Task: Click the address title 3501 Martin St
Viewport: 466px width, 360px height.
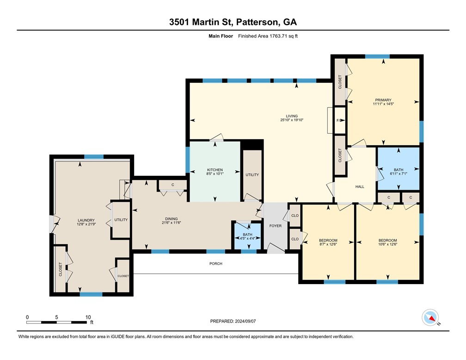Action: click(x=233, y=21)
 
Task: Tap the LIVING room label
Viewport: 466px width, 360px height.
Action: click(x=291, y=116)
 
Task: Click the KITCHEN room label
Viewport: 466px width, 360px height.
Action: click(x=215, y=170)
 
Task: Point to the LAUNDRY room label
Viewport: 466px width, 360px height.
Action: click(x=86, y=220)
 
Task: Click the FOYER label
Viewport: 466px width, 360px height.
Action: click(x=276, y=226)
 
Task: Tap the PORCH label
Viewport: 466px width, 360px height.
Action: click(x=215, y=264)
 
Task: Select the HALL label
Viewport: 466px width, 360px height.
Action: click(x=360, y=187)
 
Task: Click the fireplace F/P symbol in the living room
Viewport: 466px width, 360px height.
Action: click(x=339, y=121)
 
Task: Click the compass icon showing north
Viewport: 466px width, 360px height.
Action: click(x=430, y=317)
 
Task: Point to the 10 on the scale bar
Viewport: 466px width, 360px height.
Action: click(x=88, y=317)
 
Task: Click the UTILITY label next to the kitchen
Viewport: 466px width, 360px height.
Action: click(x=252, y=175)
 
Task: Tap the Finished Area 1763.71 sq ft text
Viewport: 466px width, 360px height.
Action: click(x=268, y=36)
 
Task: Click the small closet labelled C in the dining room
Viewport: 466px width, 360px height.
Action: click(x=172, y=185)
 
